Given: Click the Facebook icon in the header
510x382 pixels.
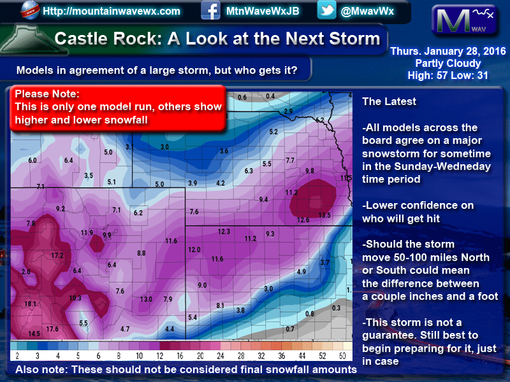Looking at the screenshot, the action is pos(210,10).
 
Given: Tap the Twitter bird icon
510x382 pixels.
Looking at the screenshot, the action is pos(326,10).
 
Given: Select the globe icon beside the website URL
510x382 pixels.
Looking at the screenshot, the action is pos(29,10).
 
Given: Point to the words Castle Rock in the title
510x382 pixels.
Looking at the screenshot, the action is pos(106,39).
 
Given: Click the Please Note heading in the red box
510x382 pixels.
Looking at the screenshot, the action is pos(47,94).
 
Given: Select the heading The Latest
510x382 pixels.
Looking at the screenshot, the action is pos(389,101).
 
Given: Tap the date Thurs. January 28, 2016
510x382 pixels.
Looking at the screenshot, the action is pos(448,52).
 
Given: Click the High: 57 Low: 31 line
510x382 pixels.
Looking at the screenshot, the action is pos(448,76).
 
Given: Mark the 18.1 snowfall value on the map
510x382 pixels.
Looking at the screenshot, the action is pos(30,304).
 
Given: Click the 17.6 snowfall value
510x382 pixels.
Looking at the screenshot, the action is pos(52,329).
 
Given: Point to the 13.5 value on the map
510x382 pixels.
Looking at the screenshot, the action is pos(324,215).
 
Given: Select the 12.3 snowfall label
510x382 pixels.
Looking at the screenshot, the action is pos(224,232).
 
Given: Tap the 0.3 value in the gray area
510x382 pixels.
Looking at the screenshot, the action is pos(336,308).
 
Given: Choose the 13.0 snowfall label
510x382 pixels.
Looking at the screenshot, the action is pos(146,299).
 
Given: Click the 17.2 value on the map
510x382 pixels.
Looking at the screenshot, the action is pos(57,256).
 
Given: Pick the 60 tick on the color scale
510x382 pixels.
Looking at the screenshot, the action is pos(342,356).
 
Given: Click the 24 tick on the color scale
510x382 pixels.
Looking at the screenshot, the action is pos(221,356).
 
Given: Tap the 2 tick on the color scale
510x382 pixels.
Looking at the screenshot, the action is pos(17,356).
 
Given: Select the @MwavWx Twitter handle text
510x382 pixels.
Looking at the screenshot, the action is pos(367,11).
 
